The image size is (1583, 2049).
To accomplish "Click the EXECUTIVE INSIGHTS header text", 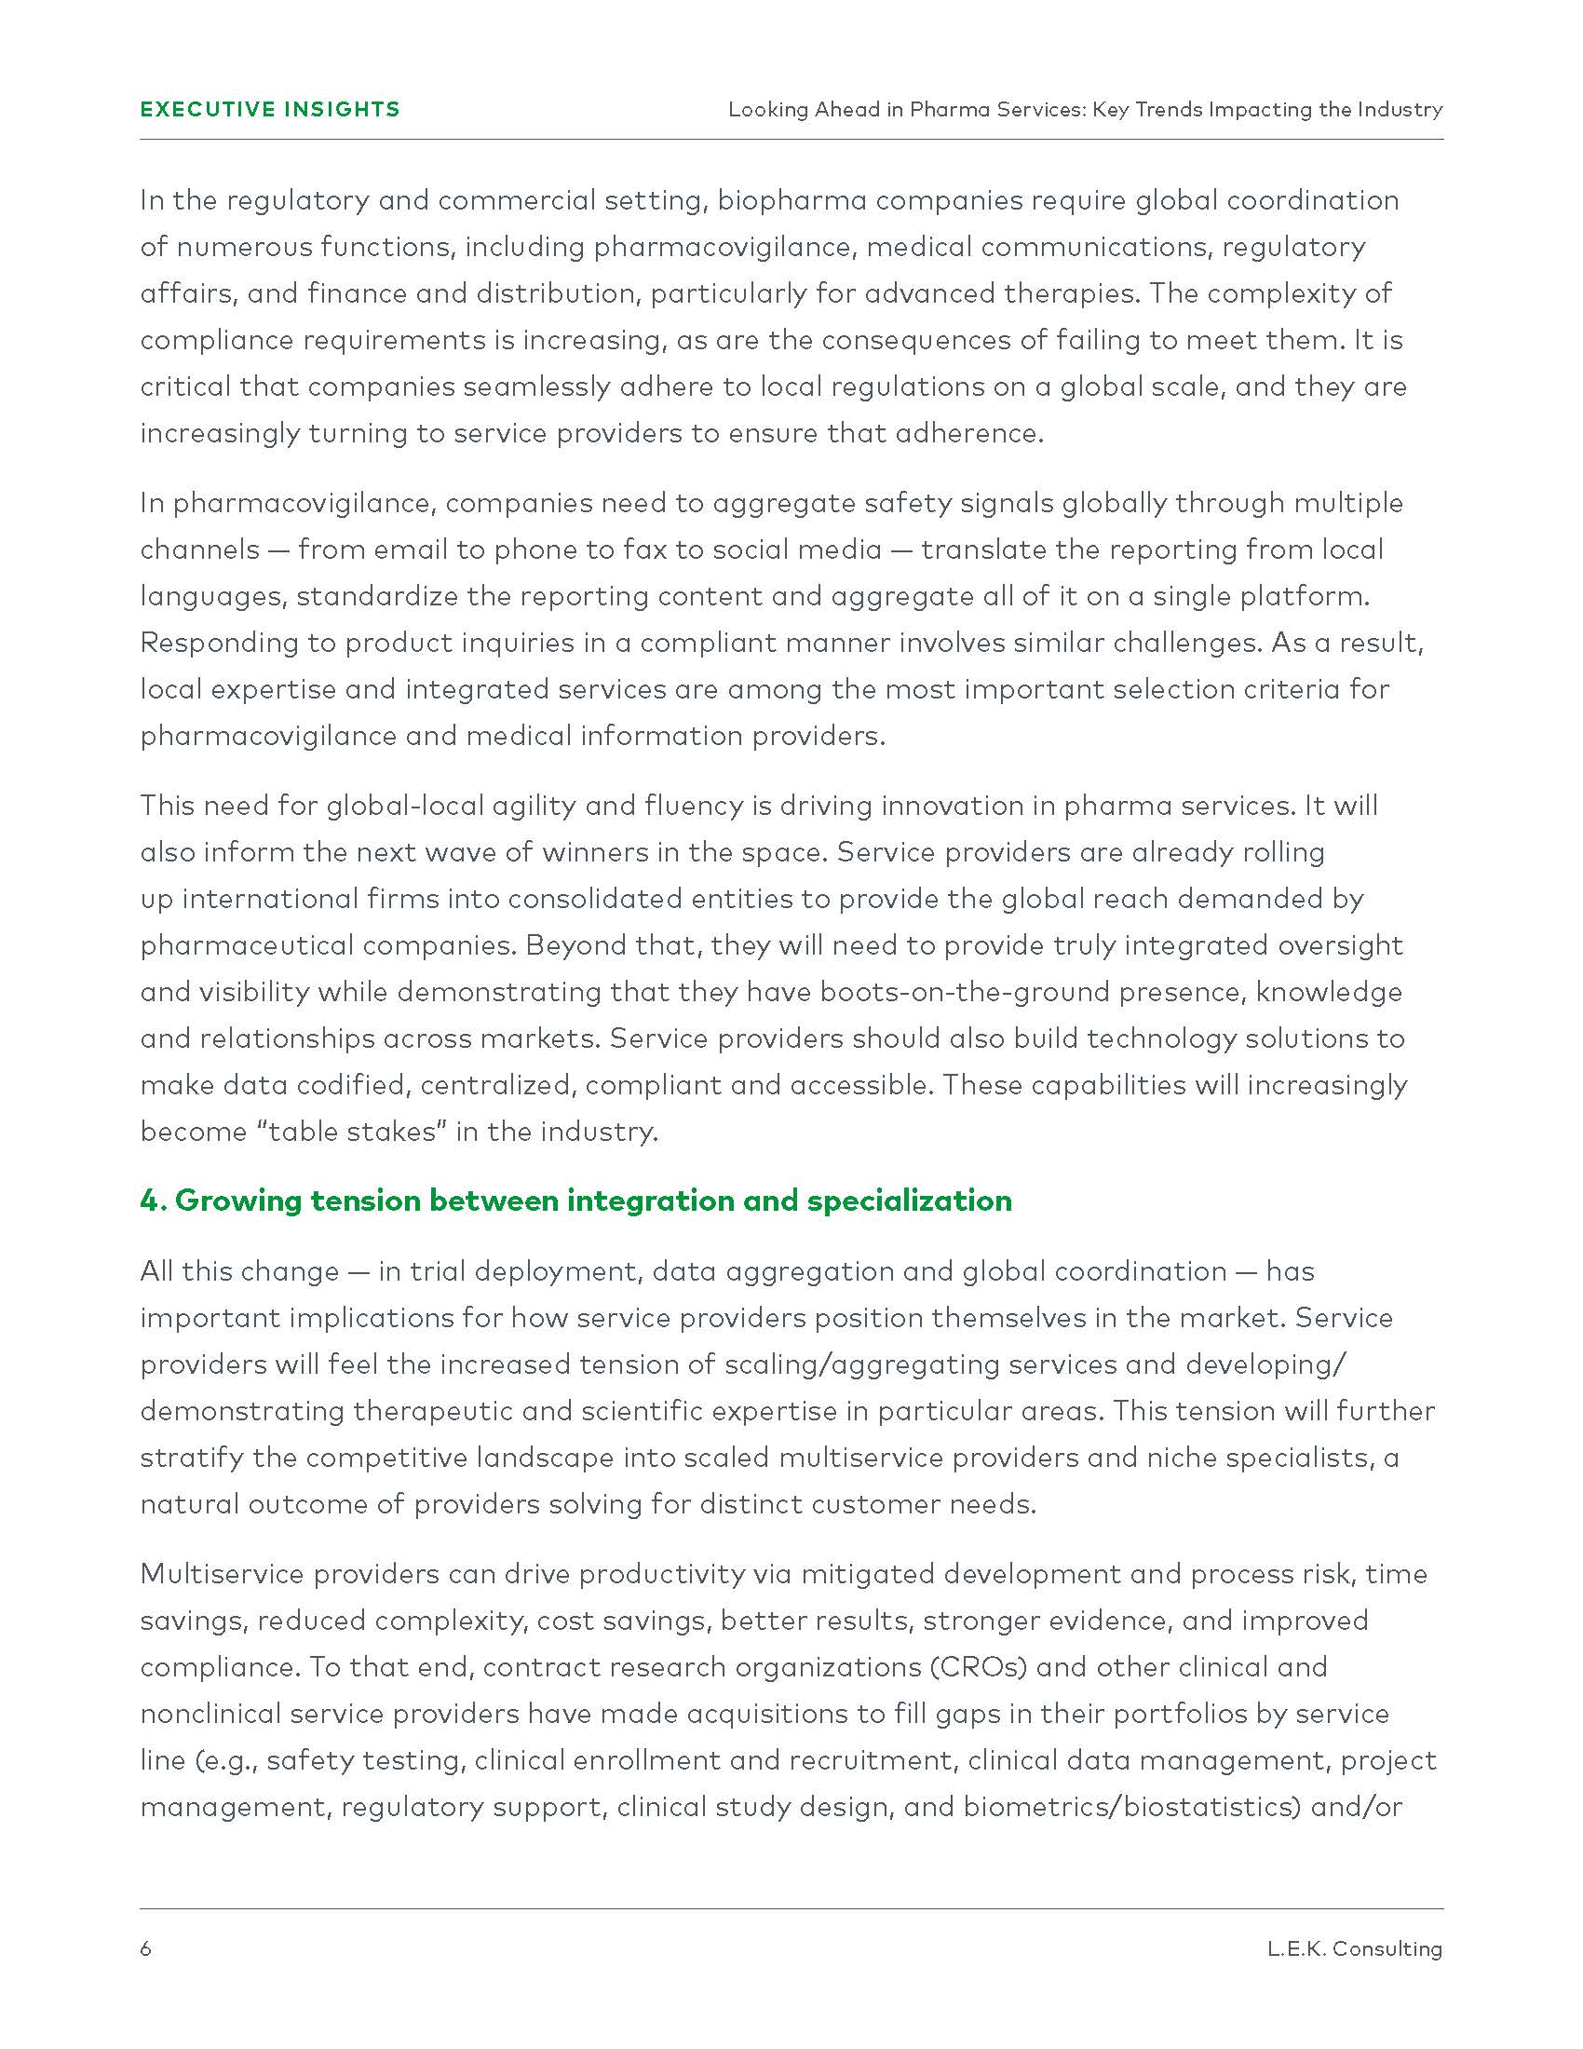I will tap(270, 110).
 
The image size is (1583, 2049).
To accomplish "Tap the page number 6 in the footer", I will tap(145, 1948).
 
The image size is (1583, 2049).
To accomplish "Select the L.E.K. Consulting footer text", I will tap(1354, 1948).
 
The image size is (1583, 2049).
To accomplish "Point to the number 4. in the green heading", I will tap(153, 1201).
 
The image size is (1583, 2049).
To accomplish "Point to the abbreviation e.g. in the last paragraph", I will tap(224, 1761).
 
